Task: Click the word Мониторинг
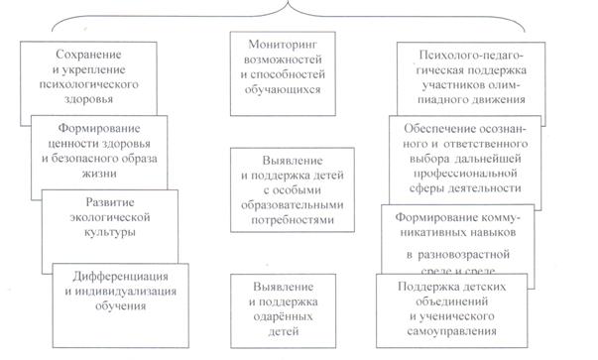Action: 283,45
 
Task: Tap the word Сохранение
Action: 88,55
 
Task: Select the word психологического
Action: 88,84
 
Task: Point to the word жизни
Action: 99,174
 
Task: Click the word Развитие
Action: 110,202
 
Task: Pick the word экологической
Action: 110,217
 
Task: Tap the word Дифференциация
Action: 121,277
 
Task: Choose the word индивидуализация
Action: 126,292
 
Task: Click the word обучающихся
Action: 283,90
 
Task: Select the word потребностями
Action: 293,220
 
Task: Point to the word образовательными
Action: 293,205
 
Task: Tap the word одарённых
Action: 283,317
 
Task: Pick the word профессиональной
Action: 465,174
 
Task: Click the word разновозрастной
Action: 463,255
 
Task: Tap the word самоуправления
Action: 452,331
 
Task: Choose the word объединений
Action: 452,301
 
